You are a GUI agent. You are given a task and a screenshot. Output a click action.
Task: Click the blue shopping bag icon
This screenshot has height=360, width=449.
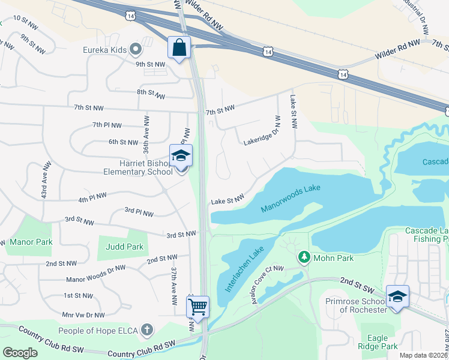click(x=180, y=47)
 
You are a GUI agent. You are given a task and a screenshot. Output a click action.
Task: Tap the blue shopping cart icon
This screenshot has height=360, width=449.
click(x=197, y=307)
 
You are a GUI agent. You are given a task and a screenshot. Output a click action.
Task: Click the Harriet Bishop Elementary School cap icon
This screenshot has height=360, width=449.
click(x=181, y=156)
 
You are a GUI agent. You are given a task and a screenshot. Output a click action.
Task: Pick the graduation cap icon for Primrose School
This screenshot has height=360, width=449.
click(x=397, y=296)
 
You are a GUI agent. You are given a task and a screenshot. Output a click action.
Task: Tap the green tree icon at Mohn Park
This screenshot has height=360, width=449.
click(x=304, y=257)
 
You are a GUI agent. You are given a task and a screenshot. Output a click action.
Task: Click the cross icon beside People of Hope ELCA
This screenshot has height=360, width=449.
click(x=147, y=331)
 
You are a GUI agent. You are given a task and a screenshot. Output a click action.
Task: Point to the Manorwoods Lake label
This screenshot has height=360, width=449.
click(x=291, y=199)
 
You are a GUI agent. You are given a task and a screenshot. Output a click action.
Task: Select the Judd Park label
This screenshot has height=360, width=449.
click(x=124, y=247)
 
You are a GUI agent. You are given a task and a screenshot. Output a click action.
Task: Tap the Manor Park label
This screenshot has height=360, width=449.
click(x=31, y=242)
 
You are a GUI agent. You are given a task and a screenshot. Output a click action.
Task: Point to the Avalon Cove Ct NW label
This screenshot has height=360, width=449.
click(x=267, y=283)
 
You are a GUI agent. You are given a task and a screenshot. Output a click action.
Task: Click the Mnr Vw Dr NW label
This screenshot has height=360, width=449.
click(x=83, y=314)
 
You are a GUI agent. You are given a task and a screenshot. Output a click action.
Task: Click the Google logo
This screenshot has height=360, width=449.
click(x=20, y=353)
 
